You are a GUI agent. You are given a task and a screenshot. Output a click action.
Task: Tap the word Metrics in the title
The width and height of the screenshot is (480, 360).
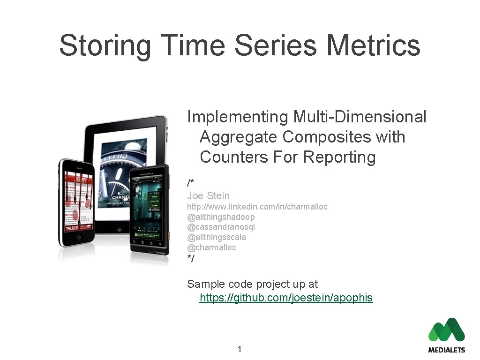click(x=373, y=45)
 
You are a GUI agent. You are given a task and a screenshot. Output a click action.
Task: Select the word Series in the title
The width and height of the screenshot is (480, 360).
click(x=277, y=45)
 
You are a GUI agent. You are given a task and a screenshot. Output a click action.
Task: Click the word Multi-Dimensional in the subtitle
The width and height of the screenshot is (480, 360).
click(x=360, y=117)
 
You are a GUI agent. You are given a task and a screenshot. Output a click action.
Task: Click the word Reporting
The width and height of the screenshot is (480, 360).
click(x=339, y=157)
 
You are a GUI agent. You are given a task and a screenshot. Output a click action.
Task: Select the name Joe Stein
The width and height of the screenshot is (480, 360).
click(x=208, y=195)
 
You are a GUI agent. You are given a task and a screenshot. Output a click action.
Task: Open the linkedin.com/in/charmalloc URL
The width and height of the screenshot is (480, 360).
click(x=257, y=207)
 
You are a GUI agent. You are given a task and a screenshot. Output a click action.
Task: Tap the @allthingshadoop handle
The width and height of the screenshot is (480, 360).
click(x=221, y=217)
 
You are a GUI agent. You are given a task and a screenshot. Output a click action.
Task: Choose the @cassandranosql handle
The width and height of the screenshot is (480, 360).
click(x=221, y=227)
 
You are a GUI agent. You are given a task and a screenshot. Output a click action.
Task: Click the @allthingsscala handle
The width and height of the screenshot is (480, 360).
click(x=217, y=237)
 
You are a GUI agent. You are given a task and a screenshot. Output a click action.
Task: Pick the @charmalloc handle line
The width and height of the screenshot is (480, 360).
click(x=212, y=247)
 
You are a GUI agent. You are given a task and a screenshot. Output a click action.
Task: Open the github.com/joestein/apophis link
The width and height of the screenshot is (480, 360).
click(x=286, y=298)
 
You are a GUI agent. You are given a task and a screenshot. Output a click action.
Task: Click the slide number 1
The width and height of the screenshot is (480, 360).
click(x=240, y=349)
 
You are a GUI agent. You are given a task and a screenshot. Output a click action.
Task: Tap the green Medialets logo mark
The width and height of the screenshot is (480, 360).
click(x=446, y=330)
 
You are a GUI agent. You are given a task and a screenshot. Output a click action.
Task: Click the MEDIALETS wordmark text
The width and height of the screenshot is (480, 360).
click(x=446, y=350)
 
